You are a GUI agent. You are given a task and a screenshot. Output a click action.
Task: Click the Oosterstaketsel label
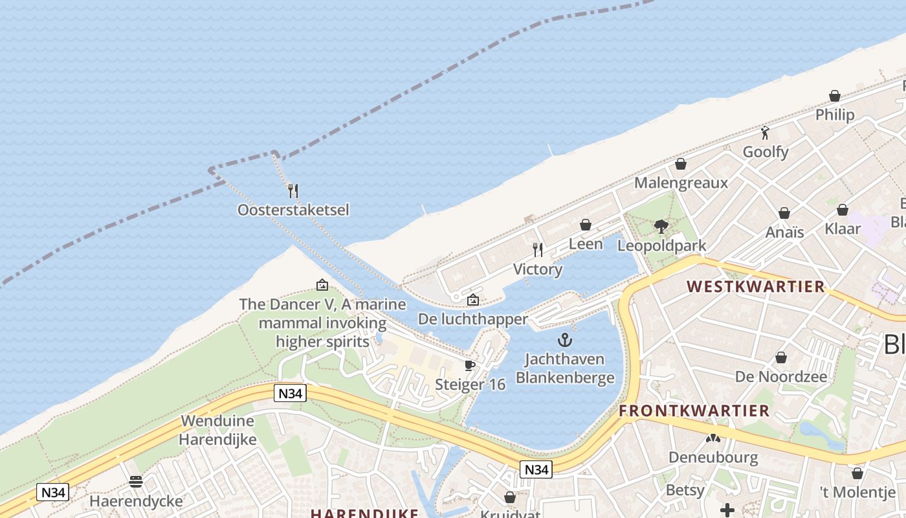click(x=293, y=210)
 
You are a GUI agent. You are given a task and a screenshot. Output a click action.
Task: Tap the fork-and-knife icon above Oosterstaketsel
click(x=293, y=190)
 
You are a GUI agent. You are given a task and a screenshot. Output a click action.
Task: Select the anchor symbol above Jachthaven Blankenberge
click(x=565, y=340)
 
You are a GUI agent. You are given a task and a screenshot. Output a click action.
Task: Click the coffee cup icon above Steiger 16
click(x=470, y=366)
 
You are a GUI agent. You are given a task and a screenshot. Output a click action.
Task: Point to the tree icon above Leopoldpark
click(x=661, y=226)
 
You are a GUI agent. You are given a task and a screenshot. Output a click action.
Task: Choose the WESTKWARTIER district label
click(x=755, y=286)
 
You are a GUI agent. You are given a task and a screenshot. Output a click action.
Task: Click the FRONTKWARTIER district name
click(x=694, y=411)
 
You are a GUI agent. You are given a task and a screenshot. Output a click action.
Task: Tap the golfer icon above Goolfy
click(x=766, y=133)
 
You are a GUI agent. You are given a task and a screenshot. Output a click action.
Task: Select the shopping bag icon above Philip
click(x=835, y=96)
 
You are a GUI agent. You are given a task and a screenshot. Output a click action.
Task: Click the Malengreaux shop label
click(x=681, y=183)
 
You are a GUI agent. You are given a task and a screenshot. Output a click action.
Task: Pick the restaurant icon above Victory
click(x=537, y=249)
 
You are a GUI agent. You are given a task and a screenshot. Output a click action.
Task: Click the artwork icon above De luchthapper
click(x=473, y=299)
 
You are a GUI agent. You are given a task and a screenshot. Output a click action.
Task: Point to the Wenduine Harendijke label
click(x=218, y=430)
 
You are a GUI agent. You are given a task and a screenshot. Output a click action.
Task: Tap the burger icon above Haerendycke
click(x=136, y=481)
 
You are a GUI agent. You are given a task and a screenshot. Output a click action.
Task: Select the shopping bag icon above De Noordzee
click(x=781, y=357)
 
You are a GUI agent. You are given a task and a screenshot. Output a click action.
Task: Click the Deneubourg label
click(x=713, y=457)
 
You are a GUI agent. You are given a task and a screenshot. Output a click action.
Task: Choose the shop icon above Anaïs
click(x=784, y=213)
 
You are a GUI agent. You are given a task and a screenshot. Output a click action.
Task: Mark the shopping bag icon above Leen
click(x=586, y=225)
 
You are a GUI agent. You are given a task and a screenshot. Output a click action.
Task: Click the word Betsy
click(x=685, y=490)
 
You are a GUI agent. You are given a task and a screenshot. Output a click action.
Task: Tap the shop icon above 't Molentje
click(x=857, y=473)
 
